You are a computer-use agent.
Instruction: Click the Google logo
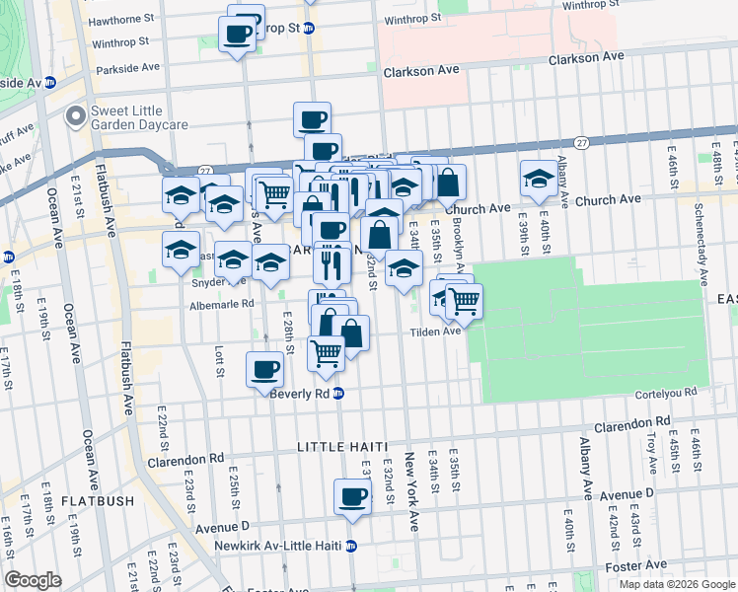33,580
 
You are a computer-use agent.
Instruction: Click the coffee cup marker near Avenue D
352,497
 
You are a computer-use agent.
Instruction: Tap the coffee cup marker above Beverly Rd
263,369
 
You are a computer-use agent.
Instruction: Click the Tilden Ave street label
436,332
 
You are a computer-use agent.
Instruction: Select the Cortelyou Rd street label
664,392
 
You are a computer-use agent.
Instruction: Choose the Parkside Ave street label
128,69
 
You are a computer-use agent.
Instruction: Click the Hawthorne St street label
121,18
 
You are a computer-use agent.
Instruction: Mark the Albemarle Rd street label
222,304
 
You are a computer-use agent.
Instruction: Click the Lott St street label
219,360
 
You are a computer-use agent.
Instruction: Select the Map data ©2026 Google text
676,583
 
